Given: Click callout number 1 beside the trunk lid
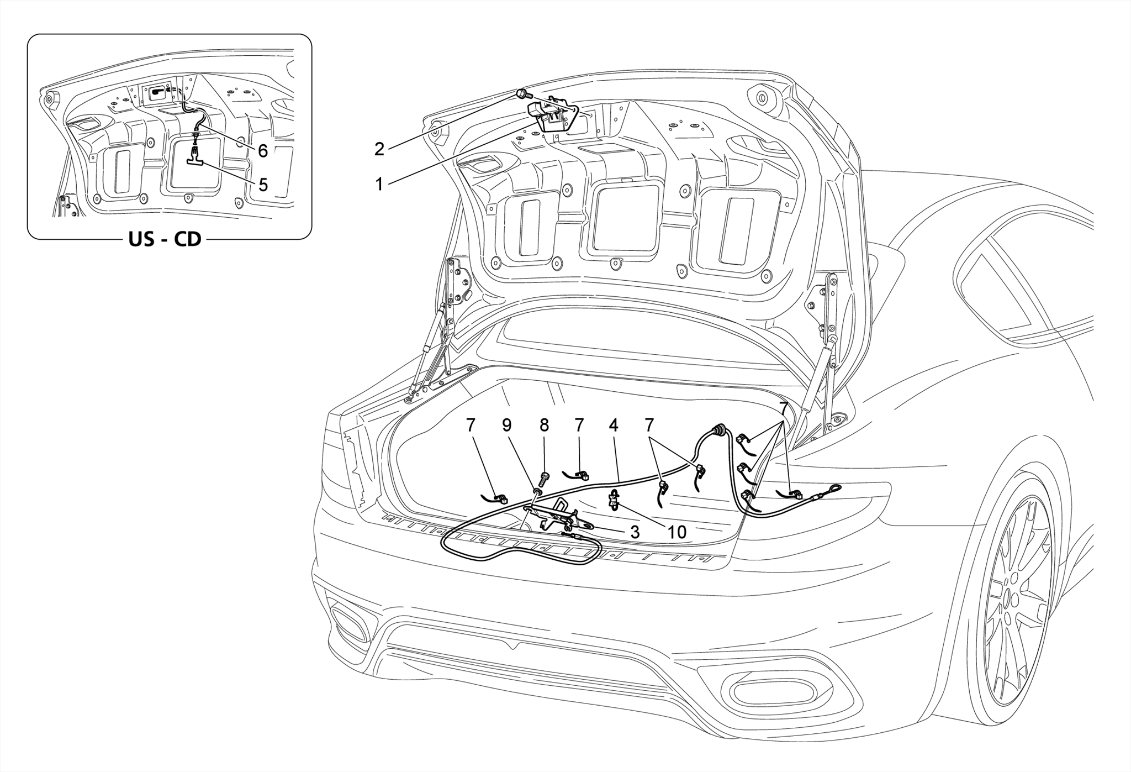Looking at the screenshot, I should [x=379, y=184].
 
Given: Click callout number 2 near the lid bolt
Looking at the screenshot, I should [x=379, y=149].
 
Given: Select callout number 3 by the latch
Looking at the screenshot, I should [x=635, y=532].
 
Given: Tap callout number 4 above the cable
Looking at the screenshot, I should [x=614, y=425].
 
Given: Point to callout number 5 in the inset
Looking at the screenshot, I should [x=263, y=185].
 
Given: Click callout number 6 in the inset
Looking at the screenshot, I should [x=263, y=150].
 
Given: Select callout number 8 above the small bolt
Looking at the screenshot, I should [x=545, y=425].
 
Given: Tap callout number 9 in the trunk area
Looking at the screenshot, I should [x=507, y=425].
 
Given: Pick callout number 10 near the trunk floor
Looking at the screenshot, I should [x=677, y=532].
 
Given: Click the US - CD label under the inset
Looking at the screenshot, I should [x=165, y=240].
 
